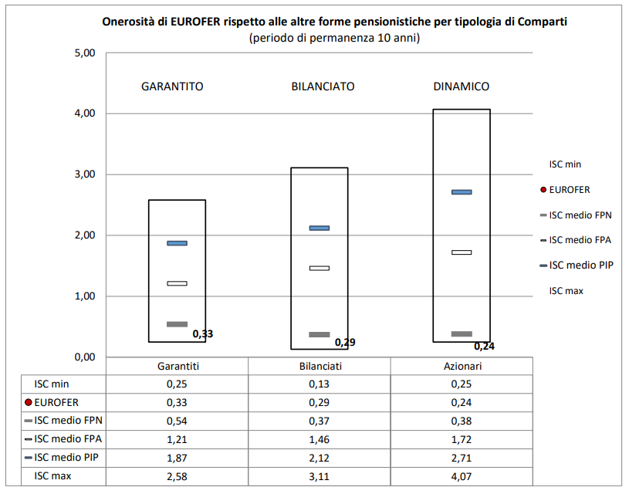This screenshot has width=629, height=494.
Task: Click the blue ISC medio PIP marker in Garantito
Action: click(177, 243)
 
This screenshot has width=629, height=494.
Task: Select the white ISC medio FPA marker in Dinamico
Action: click(462, 252)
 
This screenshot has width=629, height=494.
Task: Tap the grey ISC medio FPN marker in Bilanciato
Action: click(320, 334)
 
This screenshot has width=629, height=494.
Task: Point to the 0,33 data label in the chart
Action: click(203, 334)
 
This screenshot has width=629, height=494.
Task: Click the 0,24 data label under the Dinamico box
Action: click(485, 347)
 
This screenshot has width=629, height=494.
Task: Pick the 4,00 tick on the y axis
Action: click(83, 113)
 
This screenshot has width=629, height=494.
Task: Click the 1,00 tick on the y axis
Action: click(83, 296)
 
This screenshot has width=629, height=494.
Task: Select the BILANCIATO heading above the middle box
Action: click(323, 86)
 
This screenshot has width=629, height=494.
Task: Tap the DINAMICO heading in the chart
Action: click(462, 86)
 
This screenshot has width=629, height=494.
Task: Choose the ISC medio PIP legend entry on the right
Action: click(580, 265)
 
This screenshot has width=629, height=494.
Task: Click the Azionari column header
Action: click(462, 366)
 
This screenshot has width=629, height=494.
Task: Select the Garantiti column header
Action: click(177, 366)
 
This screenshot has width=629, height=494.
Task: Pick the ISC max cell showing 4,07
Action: click(462, 476)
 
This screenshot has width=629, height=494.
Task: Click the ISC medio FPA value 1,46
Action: click(320, 439)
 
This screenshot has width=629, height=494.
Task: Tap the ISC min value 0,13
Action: click(320, 384)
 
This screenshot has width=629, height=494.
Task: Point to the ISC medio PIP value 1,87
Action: click(177, 458)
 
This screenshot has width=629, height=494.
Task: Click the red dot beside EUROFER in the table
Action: click(29, 402)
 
